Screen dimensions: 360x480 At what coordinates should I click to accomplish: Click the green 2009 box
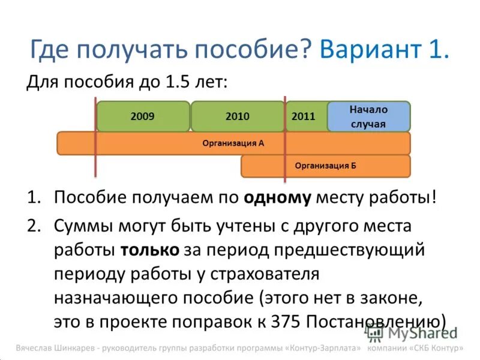[x=142, y=116]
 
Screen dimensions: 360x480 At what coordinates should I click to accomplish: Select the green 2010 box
[x=237, y=116]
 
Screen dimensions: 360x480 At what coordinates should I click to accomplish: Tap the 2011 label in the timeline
[x=303, y=116]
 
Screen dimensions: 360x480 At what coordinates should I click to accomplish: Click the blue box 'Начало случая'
[x=368, y=117]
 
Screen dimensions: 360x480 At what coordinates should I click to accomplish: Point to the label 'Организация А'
[x=233, y=143]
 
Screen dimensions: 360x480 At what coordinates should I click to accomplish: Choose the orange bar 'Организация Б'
[x=326, y=166]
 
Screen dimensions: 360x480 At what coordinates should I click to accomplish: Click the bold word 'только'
[x=149, y=250]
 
